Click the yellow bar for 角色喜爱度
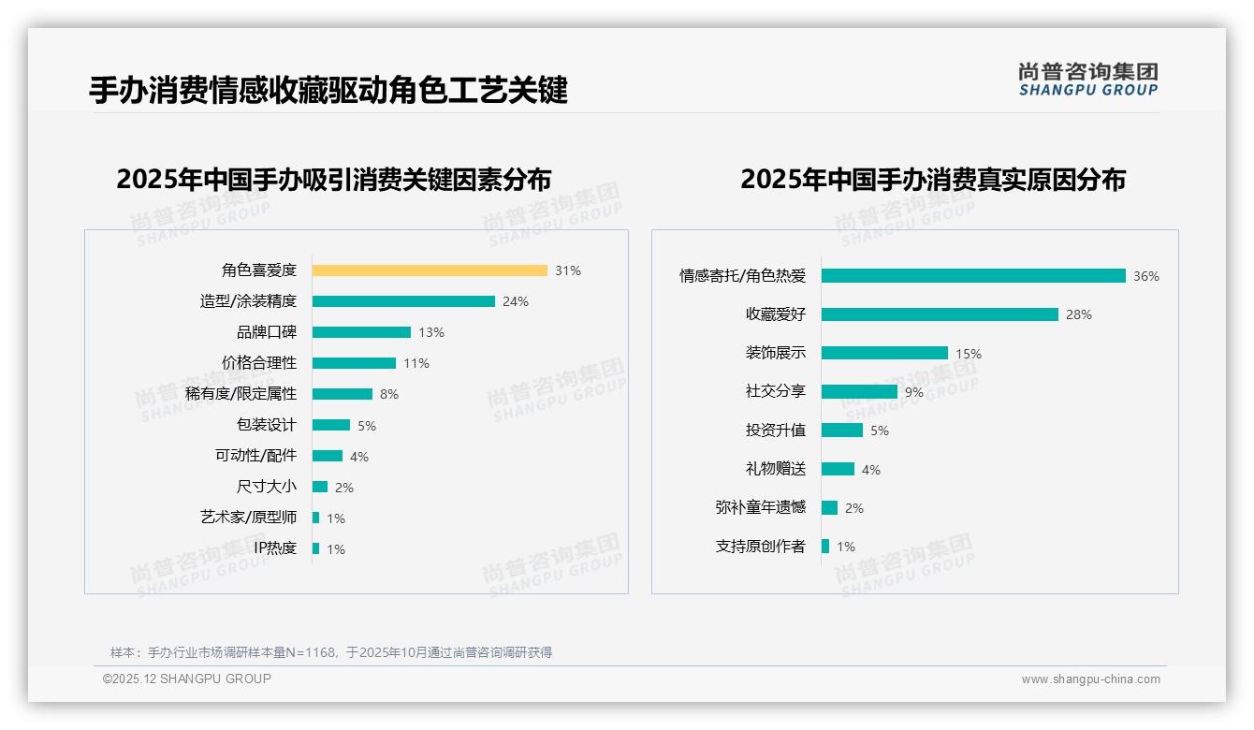click(430, 270)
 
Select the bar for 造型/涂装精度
click(403, 301)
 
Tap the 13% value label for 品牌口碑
click(431, 332)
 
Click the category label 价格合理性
click(259, 363)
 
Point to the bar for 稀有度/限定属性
click(343, 394)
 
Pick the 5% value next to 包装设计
click(367, 426)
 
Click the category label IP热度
click(275, 548)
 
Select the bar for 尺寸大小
click(320, 487)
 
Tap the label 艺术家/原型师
click(248, 518)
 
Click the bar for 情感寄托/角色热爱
click(973, 276)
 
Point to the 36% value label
click(1146, 276)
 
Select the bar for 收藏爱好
click(940, 314)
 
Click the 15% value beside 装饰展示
click(969, 354)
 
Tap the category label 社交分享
click(775, 392)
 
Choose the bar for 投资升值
click(842, 431)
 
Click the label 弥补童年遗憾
click(760, 507)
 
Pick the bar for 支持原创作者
click(825, 547)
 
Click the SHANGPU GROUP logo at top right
click(1088, 80)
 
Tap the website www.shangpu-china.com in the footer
click(1090, 679)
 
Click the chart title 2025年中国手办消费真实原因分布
click(933, 179)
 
